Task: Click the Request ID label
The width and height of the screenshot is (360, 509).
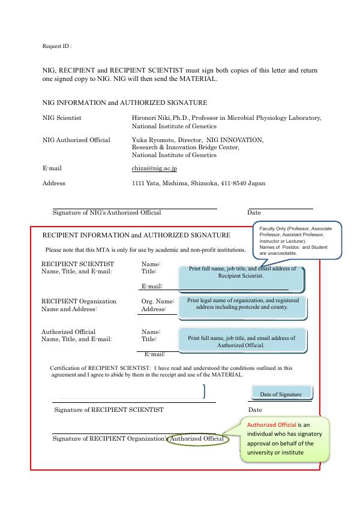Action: tap(57, 46)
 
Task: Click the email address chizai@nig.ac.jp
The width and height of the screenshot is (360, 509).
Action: tap(154, 168)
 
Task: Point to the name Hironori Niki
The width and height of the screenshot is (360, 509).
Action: tap(152, 118)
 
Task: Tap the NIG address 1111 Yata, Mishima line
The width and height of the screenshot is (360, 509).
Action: tap(198, 183)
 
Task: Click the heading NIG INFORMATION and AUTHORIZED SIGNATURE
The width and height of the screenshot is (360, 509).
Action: tap(125, 103)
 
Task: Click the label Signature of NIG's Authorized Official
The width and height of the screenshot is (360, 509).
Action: tap(107, 212)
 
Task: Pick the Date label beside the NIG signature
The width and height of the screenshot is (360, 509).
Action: tap(254, 212)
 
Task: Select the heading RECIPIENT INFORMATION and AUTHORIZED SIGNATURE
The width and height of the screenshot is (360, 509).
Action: tap(136, 235)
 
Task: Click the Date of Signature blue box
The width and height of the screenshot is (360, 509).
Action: tap(281, 394)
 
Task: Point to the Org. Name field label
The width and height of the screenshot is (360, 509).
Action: tap(157, 301)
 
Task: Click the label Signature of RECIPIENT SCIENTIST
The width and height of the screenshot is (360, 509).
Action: tap(109, 409)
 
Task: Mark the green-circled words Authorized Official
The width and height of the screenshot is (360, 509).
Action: tap(196, 439)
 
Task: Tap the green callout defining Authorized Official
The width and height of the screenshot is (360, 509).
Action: tap(285, 439)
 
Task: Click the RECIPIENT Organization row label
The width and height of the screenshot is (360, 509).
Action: tap(79, 301)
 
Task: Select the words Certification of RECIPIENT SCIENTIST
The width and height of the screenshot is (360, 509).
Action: tap(101, 368)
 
